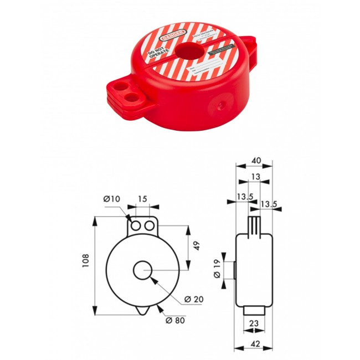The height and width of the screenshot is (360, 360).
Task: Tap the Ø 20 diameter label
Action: pos(194,299)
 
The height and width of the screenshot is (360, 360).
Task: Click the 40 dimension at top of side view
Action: pos(256,161)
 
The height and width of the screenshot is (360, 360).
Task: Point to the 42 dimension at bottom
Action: pos(255,343)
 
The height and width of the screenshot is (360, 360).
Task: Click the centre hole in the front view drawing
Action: pos(143,270)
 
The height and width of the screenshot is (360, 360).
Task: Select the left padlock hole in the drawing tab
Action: pos(136,227)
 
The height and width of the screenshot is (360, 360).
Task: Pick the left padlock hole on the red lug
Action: pos(118,88)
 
